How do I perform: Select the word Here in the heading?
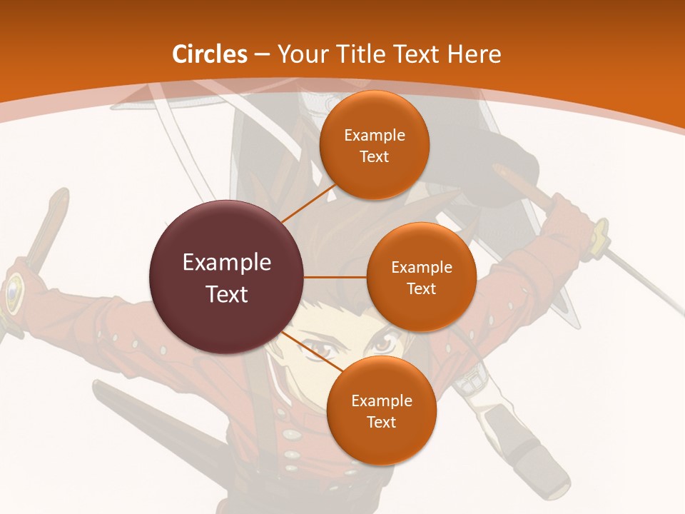click(474, 54)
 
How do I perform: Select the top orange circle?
click(374, 145)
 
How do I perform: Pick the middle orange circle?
click(421, 277)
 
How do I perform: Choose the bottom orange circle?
click(381, 410)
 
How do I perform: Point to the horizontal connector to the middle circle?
click(335, 277)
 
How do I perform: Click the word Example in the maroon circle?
click(227, 263)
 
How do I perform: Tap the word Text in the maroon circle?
click(227, 294)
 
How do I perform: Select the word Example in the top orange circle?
click(374, 136)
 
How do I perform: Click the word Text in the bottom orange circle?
click(381, 422)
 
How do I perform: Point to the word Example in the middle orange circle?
click(421, 268)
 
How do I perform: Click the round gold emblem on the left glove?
click(14, 292)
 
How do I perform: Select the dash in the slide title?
click(262, 55)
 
